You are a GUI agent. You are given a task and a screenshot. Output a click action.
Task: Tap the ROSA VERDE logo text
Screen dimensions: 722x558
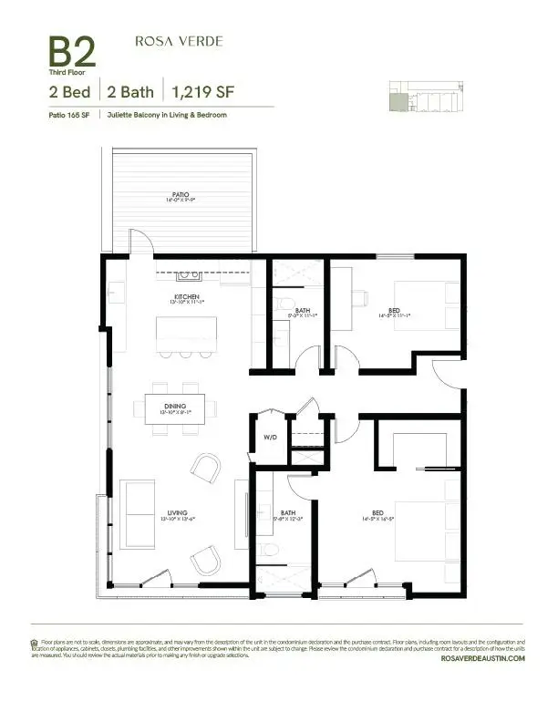point(179,41)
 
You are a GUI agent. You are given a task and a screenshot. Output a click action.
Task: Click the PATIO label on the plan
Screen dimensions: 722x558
point(183,194)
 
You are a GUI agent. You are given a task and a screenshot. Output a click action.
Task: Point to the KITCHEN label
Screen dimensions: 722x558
point(187,297)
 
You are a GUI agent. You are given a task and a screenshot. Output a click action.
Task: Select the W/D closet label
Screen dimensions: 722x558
point(271,436)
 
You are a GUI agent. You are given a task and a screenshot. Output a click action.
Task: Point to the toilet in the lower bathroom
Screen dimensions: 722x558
point(272,551)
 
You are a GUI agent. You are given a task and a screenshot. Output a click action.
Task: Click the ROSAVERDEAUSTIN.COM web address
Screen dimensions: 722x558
point(482,657)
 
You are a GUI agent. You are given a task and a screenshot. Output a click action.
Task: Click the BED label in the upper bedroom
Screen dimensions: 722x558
point(394,311)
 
